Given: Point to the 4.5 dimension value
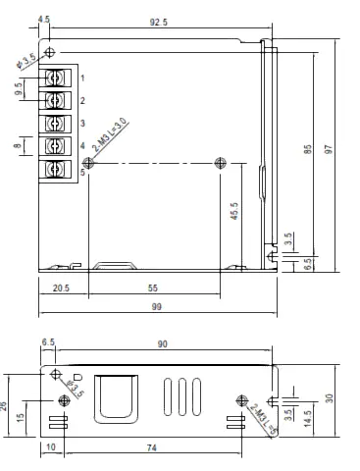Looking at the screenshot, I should pyautogui.click(x=43, y=19).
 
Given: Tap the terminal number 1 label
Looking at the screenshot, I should pyautogui.click(x=83, y=77).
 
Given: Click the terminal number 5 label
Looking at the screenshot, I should pyautogui.click(x=83, y=172).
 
